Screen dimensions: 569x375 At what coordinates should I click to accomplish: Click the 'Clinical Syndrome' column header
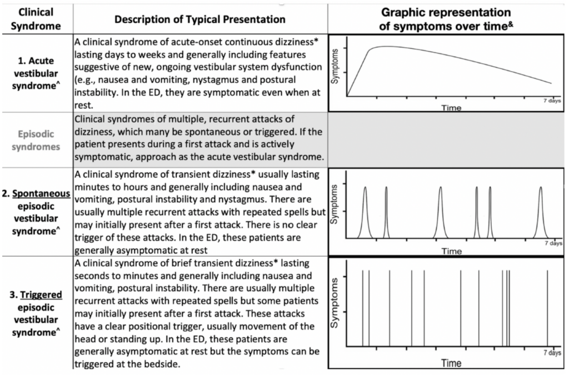pyautogui.click(x=36, y=19)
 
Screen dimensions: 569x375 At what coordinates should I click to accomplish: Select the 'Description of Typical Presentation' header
pyautogui.click(x=200, y=19)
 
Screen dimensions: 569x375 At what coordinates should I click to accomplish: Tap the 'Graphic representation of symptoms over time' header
pyautogui.click(x=446, y=19)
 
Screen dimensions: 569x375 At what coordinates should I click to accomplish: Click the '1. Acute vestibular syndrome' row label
pyautogui.click(x=36, y=73)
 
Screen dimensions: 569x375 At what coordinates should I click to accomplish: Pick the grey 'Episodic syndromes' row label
pyautogui.click(x=36, y=141)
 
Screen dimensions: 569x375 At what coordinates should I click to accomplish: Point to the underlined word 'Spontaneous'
pyautogui.click(x=41, y=194)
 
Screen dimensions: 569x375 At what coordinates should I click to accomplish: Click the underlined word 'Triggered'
pyautogui.click(x=41, y=295)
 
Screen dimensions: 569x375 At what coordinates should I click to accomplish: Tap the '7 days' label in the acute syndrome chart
pyautogui.click(x=552, y=101)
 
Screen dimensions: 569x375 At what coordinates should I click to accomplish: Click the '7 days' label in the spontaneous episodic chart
pyautogui.click(x=553, y=243)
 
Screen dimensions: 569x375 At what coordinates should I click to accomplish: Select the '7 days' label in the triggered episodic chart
pyautogui.click(x=552, y=353)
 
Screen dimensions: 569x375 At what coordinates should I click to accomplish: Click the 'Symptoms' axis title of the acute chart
pyautogui.click(x=335, y=66)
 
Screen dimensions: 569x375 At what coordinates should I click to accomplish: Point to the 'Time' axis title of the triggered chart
pyautogui.click(x=451, y=363)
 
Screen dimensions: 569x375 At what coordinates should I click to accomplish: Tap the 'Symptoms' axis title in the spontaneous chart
pyautogui.click(x=334, y=204)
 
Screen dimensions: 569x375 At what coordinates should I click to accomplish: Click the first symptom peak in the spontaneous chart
pyautogui.click(x=365, y=213)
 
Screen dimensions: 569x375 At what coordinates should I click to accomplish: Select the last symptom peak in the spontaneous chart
pyautogui.click(x=541, y=213)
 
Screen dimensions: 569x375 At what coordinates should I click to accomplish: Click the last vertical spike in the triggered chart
pyautogui.click(x=547, y=308)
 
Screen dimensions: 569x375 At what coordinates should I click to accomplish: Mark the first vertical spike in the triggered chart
pyautogui.click(x=362, y=308)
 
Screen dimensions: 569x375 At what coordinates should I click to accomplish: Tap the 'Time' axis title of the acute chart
pyautogui.click(x=451, y=108)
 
